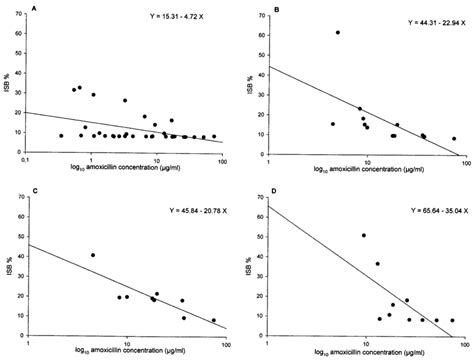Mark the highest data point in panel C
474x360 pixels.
coord(93,255)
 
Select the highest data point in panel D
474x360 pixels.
coord(363,236)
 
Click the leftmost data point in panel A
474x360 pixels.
coord(62,136)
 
